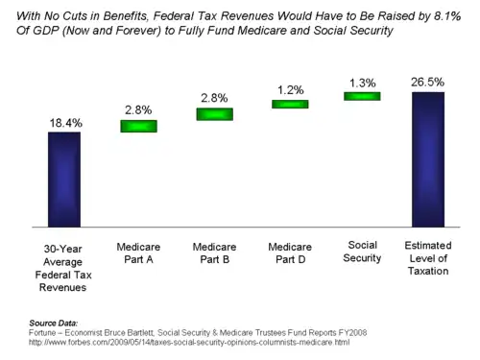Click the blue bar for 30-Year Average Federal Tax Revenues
pyautogui.click(x=64, y=180)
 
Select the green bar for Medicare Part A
pyautogui.click(x=138, y=126)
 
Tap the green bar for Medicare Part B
pyautogui.click(x=215, y=114)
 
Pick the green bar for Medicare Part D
pyautogui.click(x=290, y=104)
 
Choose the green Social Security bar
pyautogui.click(x=362, y=96)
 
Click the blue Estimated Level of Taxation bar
pyautogui.click(x=428, y=159)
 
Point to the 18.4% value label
pyautogui.click(x=65, y=123)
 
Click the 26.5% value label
pyautogui.click(x=427, y=82)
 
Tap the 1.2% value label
pyautogui.click(x=290, y=90)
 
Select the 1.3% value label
pyautogui.click(x=362, y=83)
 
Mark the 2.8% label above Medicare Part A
pyautogui.click(x=138, y=110)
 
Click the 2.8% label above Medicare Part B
pyautogui.click(x=214, y=98)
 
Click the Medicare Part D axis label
pyautogui.click(x=290, y=252)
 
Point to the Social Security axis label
pyautogui.click(x=362, y=252)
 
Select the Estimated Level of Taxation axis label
pyautogui.click(x=428, y=258)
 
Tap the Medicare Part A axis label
pyautogui.click(x=138, y=252)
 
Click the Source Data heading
pyautogui.click(x=54, y=323)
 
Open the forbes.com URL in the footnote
pyautogui.click(x=189, y=343)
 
